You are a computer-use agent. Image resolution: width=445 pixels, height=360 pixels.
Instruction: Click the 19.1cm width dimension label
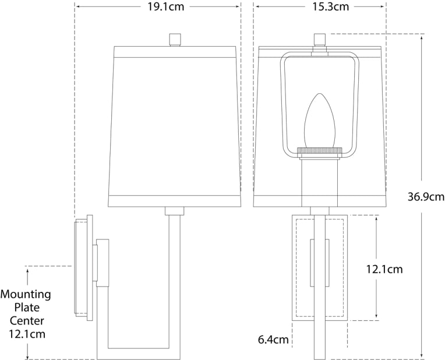point(157,7)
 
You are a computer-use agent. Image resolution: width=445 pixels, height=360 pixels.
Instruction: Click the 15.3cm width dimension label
point(319,7)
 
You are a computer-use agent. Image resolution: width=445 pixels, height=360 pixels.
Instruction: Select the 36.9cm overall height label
point(426,196)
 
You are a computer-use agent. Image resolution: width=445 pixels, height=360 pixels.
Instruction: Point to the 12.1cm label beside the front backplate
point(384,269)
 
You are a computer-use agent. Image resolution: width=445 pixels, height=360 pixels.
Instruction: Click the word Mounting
point(26,294)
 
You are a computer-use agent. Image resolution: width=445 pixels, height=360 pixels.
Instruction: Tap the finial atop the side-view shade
point(174,40)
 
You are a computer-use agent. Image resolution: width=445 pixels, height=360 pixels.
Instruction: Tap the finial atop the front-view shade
point(319,40)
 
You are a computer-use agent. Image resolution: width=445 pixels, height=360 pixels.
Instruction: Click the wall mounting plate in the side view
point(82,268)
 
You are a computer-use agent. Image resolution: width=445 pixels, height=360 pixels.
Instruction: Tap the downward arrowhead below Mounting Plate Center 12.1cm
point(27,356)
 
